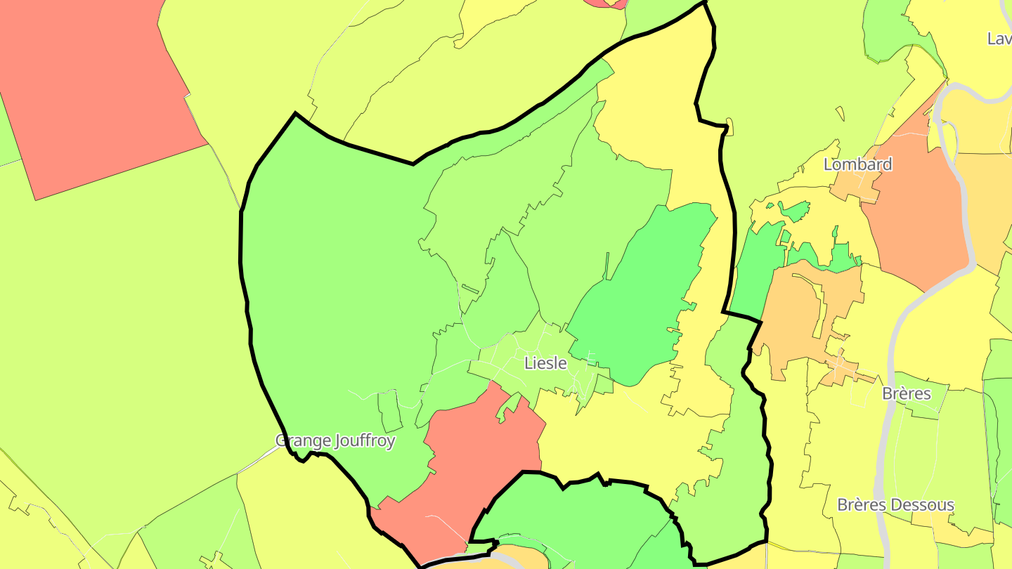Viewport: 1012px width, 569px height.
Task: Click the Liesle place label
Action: click(545, 363)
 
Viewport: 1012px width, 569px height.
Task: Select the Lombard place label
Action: click(857, 164)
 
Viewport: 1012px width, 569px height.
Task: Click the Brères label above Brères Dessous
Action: click(906, 393)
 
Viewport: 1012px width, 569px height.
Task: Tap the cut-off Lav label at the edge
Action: click(999, 39)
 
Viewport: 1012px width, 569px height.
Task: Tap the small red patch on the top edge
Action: click(604, 3)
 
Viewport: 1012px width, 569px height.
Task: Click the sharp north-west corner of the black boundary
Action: click(295, 113)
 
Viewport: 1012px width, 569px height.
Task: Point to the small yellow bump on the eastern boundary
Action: click(729, 126)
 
